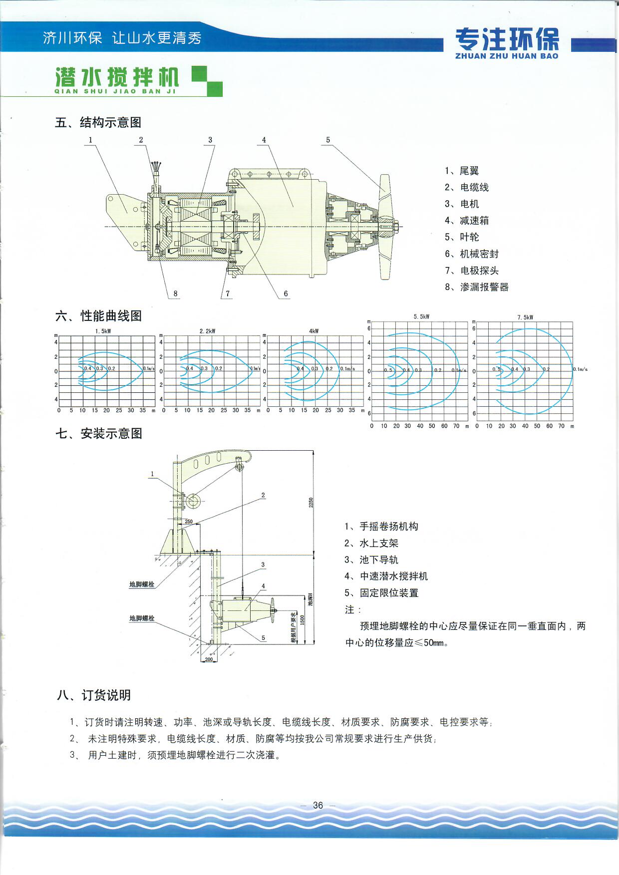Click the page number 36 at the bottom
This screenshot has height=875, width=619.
(318, 805)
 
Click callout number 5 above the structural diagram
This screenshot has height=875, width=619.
(328, 140)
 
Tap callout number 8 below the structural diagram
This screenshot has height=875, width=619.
(175, 293)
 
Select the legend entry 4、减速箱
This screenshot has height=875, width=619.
(467, 221)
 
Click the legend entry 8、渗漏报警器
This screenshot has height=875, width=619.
(477, 287)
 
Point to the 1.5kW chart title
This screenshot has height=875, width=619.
(103, 331)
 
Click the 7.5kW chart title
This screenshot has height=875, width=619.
(525, 317)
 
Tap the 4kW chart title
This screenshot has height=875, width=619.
(313, 331)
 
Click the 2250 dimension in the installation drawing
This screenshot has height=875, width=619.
(311, 503)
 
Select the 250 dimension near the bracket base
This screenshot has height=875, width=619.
(189, 522)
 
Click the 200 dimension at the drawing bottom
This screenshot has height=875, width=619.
(209, 659)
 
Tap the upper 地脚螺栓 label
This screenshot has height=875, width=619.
(142, 584)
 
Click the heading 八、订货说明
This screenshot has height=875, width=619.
(94, 695)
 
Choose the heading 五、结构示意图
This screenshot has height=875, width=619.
(98, 123)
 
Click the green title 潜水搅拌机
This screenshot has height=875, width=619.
(117, 77)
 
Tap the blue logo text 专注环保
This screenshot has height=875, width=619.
(507, 39)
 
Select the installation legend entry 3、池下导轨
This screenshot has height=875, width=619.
(371, 560)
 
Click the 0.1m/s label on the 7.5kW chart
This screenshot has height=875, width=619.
(580, 369)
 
